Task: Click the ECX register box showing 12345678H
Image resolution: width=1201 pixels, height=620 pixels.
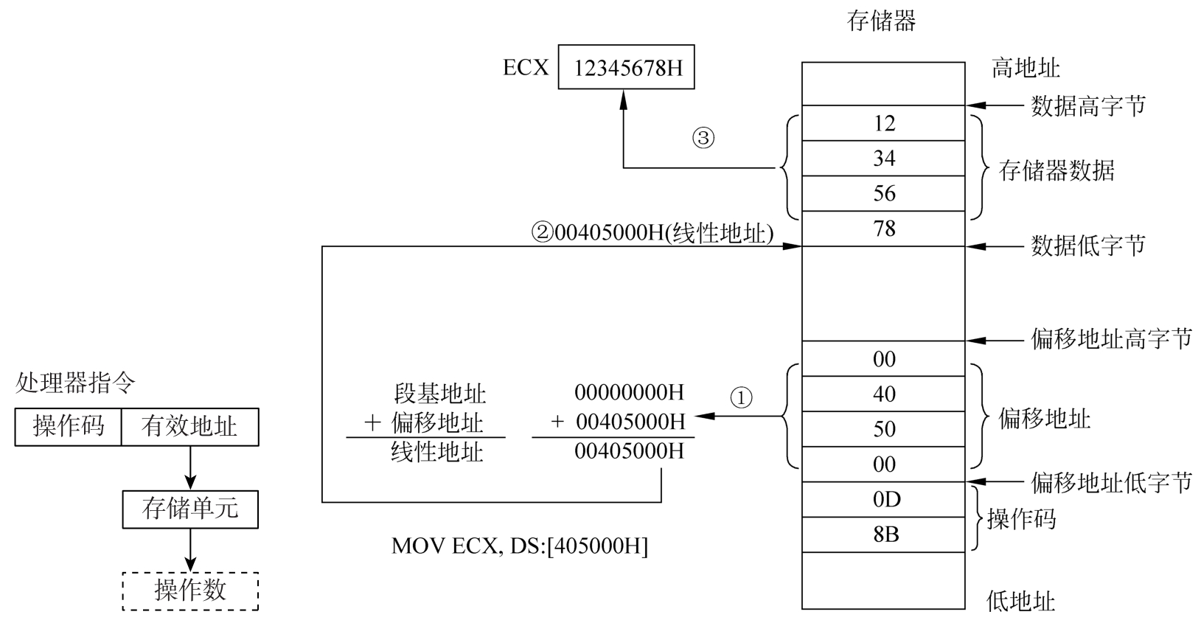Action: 626,69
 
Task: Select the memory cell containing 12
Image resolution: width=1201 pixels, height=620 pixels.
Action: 883,123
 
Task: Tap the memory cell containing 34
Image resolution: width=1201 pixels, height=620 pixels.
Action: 883,159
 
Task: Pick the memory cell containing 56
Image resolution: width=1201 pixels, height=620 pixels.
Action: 883,193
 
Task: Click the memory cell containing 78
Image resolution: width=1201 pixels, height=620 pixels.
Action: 883,229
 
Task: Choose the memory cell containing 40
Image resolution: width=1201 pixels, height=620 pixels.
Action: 883,394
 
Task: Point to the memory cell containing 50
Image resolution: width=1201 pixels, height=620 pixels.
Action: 883,429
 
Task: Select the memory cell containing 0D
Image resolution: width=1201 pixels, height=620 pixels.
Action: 883,499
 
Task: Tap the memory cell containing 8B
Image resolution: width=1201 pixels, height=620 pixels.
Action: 883,534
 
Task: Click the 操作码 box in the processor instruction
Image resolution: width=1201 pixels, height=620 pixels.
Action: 69,427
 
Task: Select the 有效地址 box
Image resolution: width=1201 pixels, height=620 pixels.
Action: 189,427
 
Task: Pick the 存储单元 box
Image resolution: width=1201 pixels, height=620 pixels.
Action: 190,509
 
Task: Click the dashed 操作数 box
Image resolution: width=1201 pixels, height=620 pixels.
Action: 190,591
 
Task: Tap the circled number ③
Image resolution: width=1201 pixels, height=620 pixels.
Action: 703,138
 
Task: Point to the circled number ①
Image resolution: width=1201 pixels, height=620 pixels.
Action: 740,398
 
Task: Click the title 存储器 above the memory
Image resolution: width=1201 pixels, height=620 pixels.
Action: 882,21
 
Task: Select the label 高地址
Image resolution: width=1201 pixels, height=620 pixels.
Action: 1026,69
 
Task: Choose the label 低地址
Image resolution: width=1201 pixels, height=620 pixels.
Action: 1020,601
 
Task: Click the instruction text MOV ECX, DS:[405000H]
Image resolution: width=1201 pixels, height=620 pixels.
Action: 520,546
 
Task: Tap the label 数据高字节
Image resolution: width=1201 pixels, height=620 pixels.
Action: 1088,106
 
